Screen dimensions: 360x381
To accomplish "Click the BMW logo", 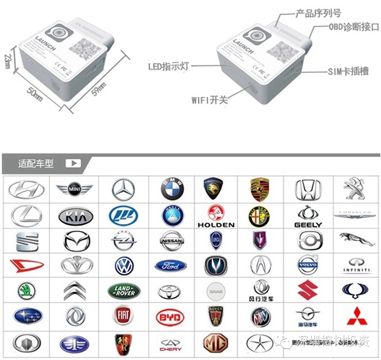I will pyautogui.click(x=172, y=190).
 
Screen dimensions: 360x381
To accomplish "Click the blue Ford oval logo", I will pyautogui.click(x=171, y=266).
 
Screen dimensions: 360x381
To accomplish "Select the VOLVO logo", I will pyautogui.click(x=309, y=266).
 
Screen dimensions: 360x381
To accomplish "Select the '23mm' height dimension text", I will pyautogui.click(x=7, y=61).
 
